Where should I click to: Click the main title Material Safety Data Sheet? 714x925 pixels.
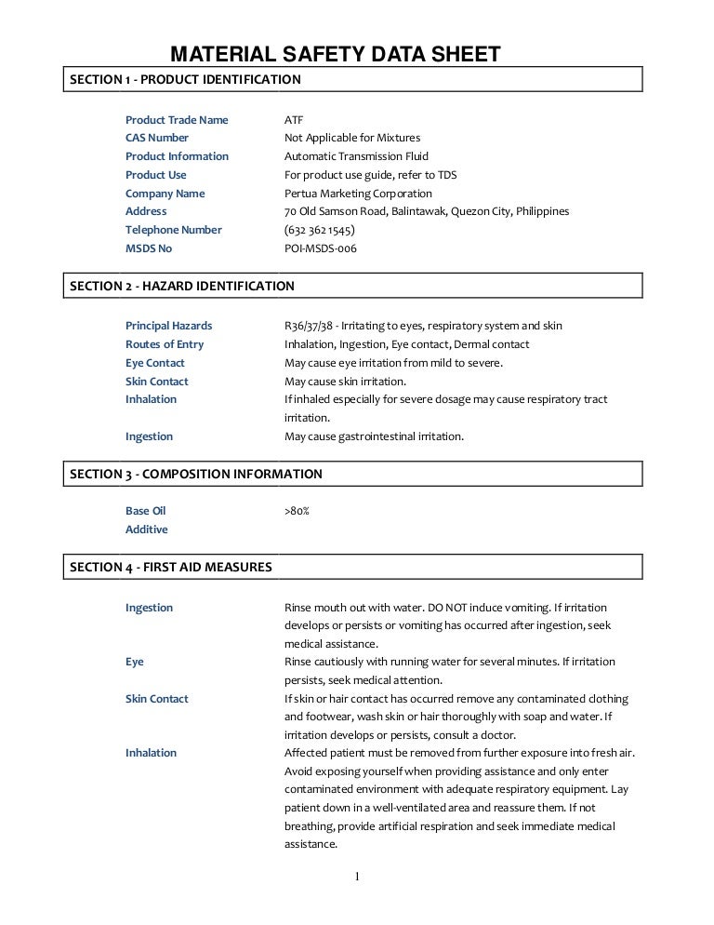tap(336, 55)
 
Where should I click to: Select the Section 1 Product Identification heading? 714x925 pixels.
tap(186, 80)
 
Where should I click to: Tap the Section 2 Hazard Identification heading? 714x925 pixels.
tap(182, 286)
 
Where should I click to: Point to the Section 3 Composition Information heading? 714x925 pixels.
tap(196, 474)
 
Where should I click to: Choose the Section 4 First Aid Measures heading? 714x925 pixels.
tap(171, 567)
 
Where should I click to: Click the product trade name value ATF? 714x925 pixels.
tap(294, 120)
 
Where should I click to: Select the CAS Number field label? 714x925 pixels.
tap(157, 138)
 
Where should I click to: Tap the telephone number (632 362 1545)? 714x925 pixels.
tap(319, 230)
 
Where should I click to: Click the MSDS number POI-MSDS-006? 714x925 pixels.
tap(321, 248)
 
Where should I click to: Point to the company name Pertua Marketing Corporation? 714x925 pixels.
tap(358, 194)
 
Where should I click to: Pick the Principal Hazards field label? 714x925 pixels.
tap(169, 326)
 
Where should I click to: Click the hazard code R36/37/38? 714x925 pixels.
tap(314, 326)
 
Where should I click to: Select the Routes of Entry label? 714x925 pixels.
tap(165, 344)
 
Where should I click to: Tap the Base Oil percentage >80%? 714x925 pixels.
tap(297, 511)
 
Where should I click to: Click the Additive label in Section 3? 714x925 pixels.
tap(147, 530)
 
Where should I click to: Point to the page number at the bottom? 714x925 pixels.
tap(357, 877)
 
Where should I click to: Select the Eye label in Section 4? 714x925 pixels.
tap(135, 662)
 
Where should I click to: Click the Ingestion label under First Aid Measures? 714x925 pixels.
tap(150, 608)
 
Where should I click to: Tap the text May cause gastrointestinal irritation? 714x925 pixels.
tap(374, 436)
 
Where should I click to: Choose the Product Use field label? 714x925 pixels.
tap(156, 175)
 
